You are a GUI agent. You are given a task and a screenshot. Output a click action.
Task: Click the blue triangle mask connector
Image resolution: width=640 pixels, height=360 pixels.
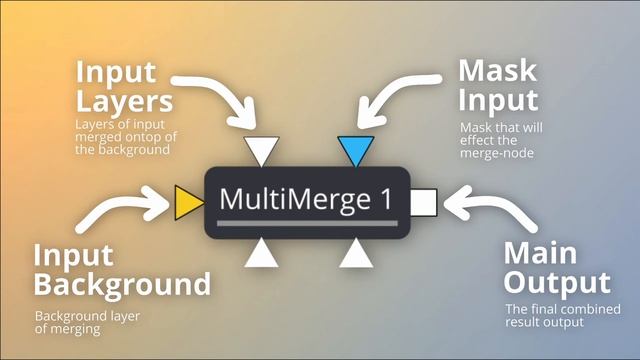(355, 150)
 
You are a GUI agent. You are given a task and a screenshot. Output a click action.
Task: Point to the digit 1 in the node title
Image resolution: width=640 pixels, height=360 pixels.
(385, 199)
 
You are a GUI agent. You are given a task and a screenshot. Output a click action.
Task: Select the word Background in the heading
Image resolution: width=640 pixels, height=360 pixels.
(122, 284)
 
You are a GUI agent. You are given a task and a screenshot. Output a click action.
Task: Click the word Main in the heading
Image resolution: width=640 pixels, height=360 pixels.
(540, 252)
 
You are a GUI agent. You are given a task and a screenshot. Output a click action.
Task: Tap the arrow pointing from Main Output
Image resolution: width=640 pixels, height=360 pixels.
(487, 211)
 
